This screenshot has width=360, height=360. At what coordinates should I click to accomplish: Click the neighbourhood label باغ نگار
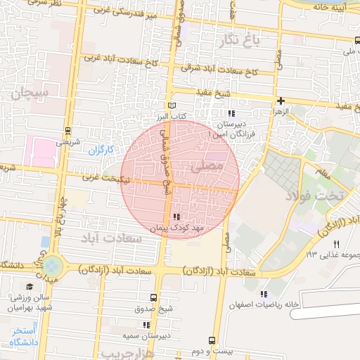[241, 41]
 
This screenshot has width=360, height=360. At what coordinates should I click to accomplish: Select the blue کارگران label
[101, 150]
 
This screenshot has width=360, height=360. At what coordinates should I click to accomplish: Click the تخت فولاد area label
[315, 195]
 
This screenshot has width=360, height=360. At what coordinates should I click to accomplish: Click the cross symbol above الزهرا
[281, 101]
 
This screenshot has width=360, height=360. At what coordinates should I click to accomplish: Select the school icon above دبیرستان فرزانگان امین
[231, 113]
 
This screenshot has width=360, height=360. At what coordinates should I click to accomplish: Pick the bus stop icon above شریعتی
[67, 130]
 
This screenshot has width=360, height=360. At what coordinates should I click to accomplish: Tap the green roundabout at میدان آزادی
[51, 266]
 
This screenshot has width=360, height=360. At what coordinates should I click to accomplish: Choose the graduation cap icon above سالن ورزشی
[30, 287]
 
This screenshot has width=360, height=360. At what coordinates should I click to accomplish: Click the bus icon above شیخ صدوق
[154, 297]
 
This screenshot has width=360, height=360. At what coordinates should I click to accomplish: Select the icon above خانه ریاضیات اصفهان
[264, 294]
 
